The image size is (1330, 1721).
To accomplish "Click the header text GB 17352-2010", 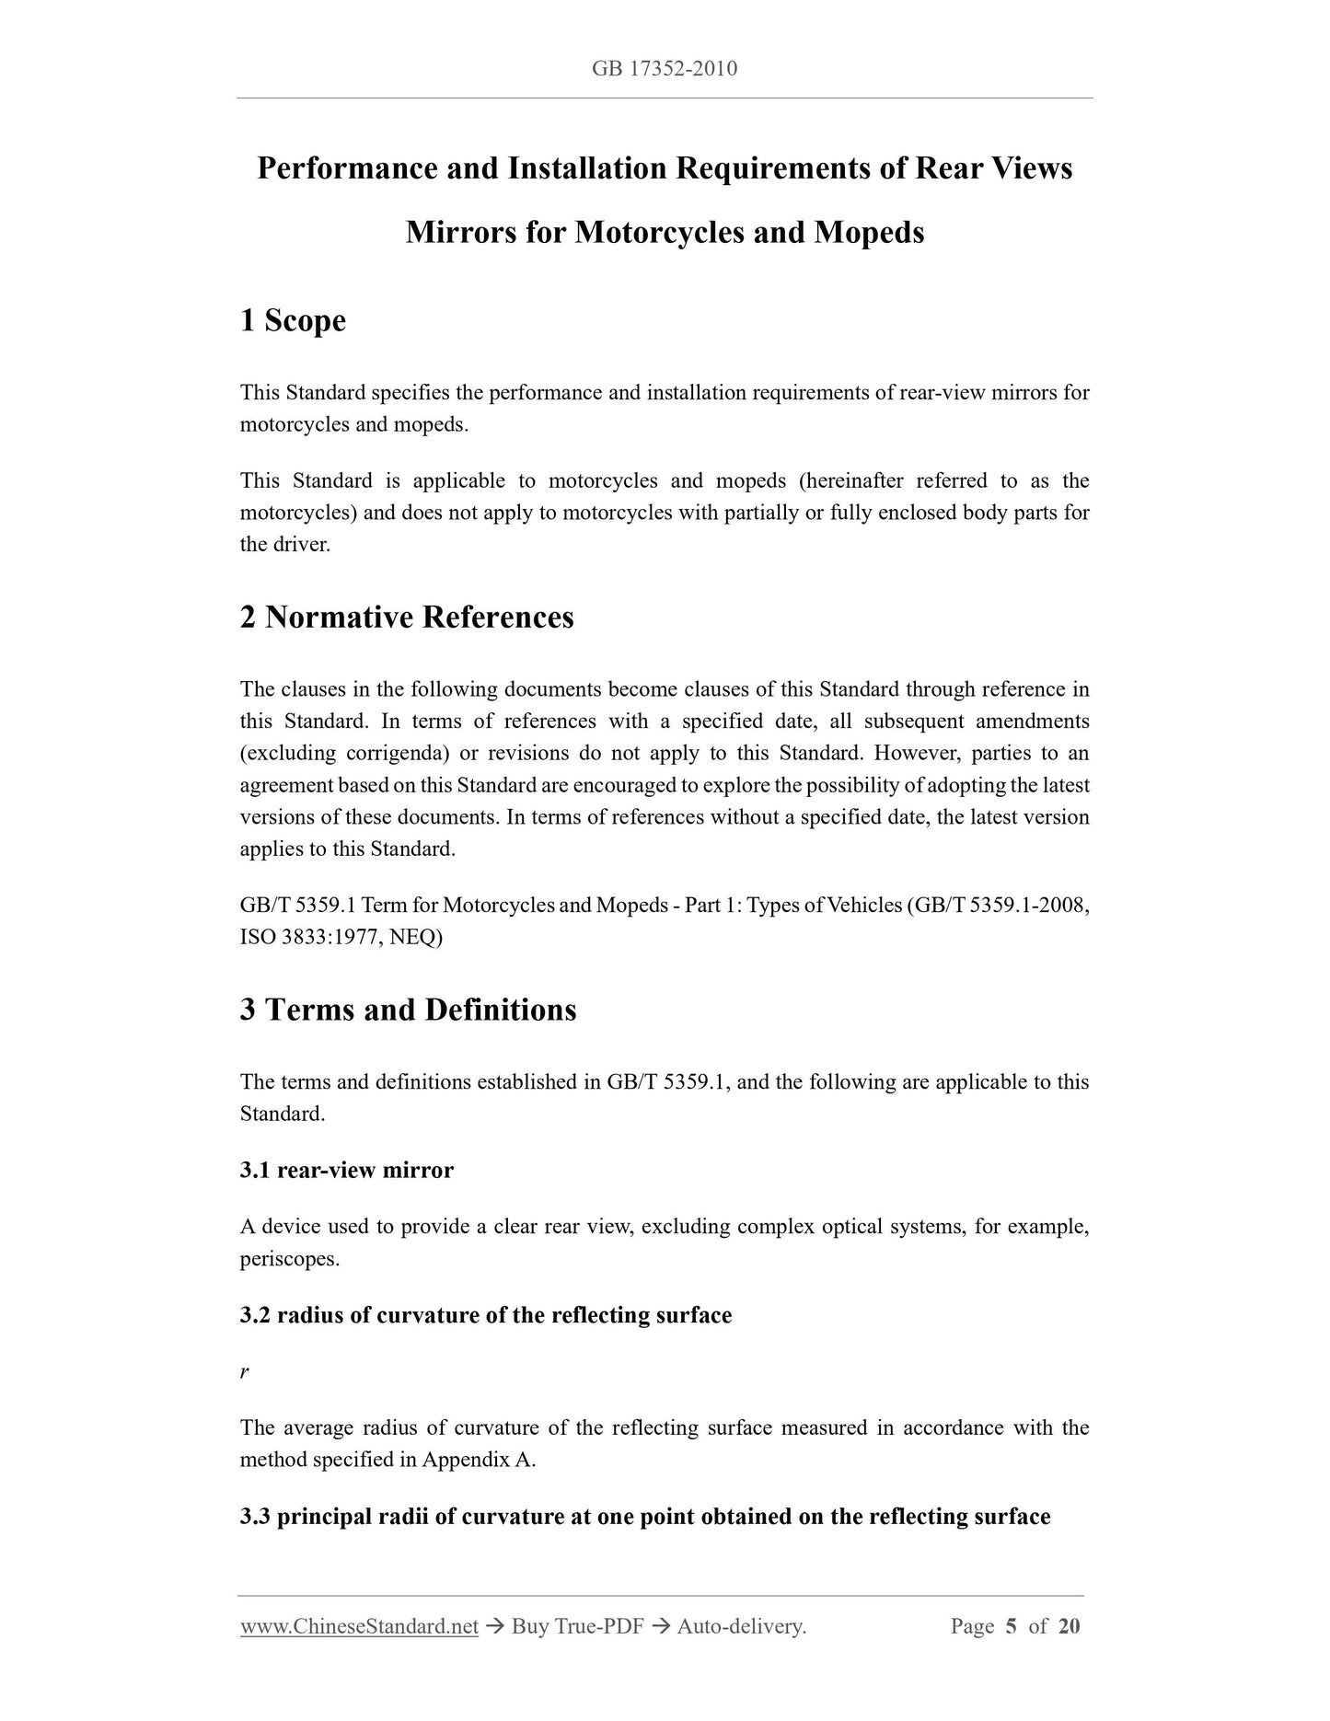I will point(665,68).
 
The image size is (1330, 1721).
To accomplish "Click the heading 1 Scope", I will point(293,320).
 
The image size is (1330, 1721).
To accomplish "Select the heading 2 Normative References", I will point(407,617).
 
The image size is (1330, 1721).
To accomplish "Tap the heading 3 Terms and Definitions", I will point(408,1010).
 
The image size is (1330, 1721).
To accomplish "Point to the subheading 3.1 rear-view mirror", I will point(346,1170).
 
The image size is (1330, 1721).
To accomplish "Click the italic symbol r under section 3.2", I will point(244,1371).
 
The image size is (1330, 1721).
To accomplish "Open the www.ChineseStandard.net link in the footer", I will point(359,1626).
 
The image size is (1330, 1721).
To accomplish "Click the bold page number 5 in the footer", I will point(1011,1626).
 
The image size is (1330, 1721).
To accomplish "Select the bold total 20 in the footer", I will point(1069,1626).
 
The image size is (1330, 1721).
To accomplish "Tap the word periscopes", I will point(288,1258).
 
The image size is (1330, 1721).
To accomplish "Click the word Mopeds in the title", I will point(869,232).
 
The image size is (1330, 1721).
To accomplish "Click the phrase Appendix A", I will point(478,1460).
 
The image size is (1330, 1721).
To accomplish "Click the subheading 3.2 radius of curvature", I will point(485,1315).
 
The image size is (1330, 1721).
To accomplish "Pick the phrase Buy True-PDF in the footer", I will point(577,1626).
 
